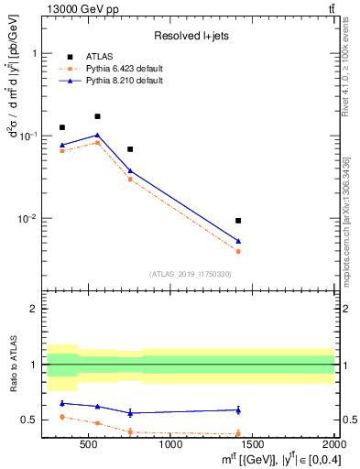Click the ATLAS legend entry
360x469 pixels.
click(98, 56)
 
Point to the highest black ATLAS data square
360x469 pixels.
click(97, 116)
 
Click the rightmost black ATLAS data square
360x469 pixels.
click(238, 221)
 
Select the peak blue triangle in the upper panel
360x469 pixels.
click(97, 135)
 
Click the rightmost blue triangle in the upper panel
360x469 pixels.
click(238, 241)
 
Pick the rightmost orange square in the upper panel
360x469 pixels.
click(238, 251)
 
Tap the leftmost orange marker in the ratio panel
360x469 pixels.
click(62, 417)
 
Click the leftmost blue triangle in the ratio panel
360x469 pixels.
click(62, 403)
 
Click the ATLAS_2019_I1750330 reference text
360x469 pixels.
click(191, 274)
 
